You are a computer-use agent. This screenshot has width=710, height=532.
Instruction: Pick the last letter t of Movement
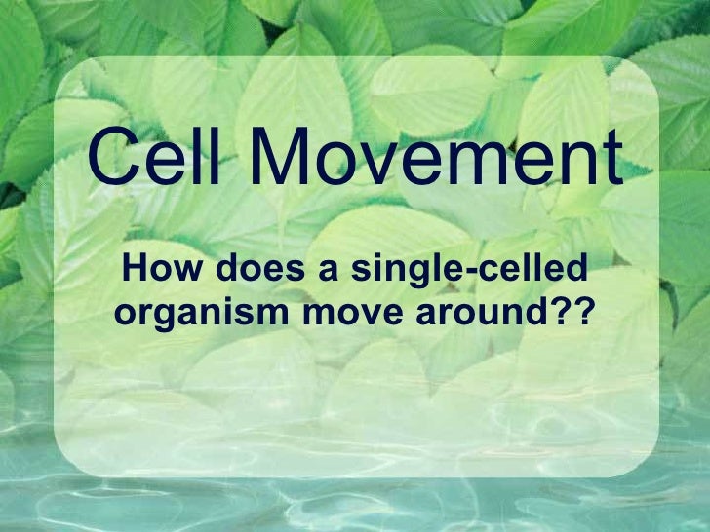610,162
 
